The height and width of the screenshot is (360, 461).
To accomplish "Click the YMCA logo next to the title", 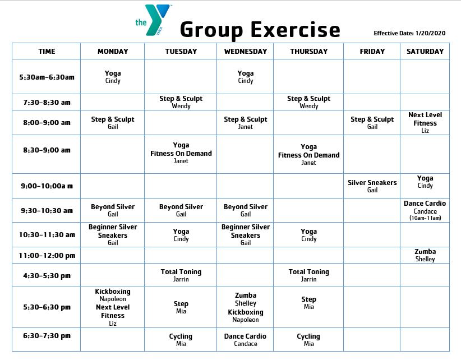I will (153, 20).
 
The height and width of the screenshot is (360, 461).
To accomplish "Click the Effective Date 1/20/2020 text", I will (409, 34).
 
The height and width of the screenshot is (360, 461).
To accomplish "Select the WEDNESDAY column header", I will (245, 52).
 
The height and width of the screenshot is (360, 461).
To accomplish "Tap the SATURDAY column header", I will (425, 52).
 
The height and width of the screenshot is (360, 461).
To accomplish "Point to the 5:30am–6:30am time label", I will (47, 77).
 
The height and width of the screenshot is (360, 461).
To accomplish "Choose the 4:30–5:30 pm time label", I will (47, 276).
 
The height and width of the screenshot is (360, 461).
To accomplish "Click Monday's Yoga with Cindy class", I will (113, 77).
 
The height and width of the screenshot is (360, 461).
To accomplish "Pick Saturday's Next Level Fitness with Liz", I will (425, 123).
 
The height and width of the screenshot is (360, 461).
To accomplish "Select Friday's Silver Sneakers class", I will (372, 186).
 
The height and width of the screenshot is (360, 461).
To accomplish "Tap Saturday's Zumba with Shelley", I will (425, 255).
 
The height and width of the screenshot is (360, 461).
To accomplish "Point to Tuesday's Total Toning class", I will (181, 275).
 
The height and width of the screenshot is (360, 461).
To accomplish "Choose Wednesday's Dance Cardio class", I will (245, 340).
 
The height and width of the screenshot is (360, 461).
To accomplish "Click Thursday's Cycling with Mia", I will (308, 340).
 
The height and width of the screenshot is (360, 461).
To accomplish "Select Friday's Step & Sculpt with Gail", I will (372, 122).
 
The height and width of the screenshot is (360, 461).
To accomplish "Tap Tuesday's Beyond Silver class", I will (181, 210).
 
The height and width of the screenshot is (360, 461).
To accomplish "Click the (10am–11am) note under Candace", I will (425, 218).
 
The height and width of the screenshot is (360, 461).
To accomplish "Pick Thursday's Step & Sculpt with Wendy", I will (308, 102).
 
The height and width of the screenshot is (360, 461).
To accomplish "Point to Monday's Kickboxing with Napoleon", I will (113, 295).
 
